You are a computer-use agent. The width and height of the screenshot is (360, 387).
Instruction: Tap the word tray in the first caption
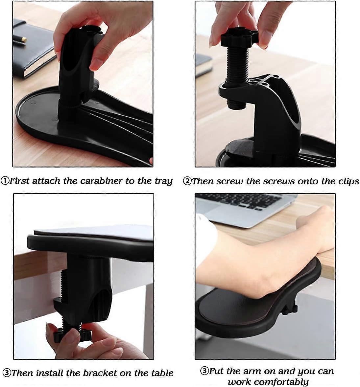[x=163, y=181]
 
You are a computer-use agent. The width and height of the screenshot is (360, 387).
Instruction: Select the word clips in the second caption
[x=348, y=181]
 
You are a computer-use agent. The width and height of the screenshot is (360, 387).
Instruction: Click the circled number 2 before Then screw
[x=187, y=181]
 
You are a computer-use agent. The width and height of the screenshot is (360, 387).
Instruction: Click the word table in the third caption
[x=162, y=373]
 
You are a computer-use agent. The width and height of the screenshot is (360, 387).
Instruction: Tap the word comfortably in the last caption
[x=268, y=382]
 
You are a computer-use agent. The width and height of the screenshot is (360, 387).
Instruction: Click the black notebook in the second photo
[x=203, y=65]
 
